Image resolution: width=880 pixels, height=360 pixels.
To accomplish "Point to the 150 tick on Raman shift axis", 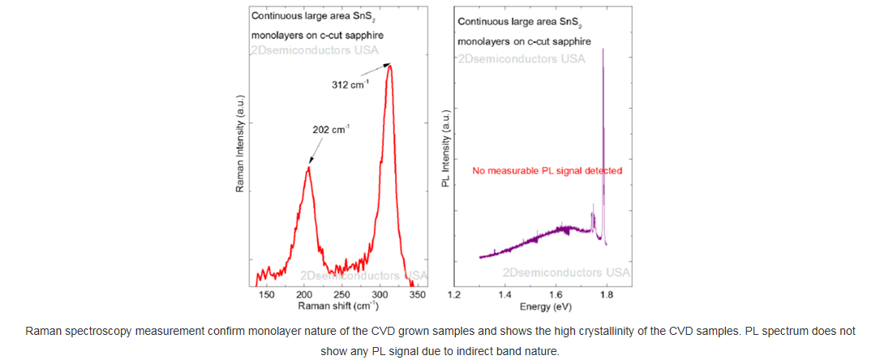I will [266, 295].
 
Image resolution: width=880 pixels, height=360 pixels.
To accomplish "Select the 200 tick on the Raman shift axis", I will [304, 295].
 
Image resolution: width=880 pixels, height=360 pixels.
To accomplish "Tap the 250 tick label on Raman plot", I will [341, 295].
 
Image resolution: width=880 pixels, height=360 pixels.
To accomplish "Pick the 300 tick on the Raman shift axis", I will [380, 295].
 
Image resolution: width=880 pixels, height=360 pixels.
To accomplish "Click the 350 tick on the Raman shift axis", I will [417, 295].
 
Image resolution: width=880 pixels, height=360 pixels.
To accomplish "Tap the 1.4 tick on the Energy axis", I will [504, 295].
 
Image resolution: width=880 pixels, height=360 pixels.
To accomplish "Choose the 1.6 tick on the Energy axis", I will [556, 295].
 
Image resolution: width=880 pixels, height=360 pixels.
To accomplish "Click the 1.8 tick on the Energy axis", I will [607, 295].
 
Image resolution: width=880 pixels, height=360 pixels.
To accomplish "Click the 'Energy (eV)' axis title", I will [543, 306].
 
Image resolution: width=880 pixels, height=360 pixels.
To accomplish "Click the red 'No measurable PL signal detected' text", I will [547, 171].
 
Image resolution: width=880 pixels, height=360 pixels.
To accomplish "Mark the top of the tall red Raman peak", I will [390, 65].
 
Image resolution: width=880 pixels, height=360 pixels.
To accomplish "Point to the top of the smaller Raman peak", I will [308, 167].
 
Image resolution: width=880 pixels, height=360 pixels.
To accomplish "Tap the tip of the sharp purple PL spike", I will [603, 49].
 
